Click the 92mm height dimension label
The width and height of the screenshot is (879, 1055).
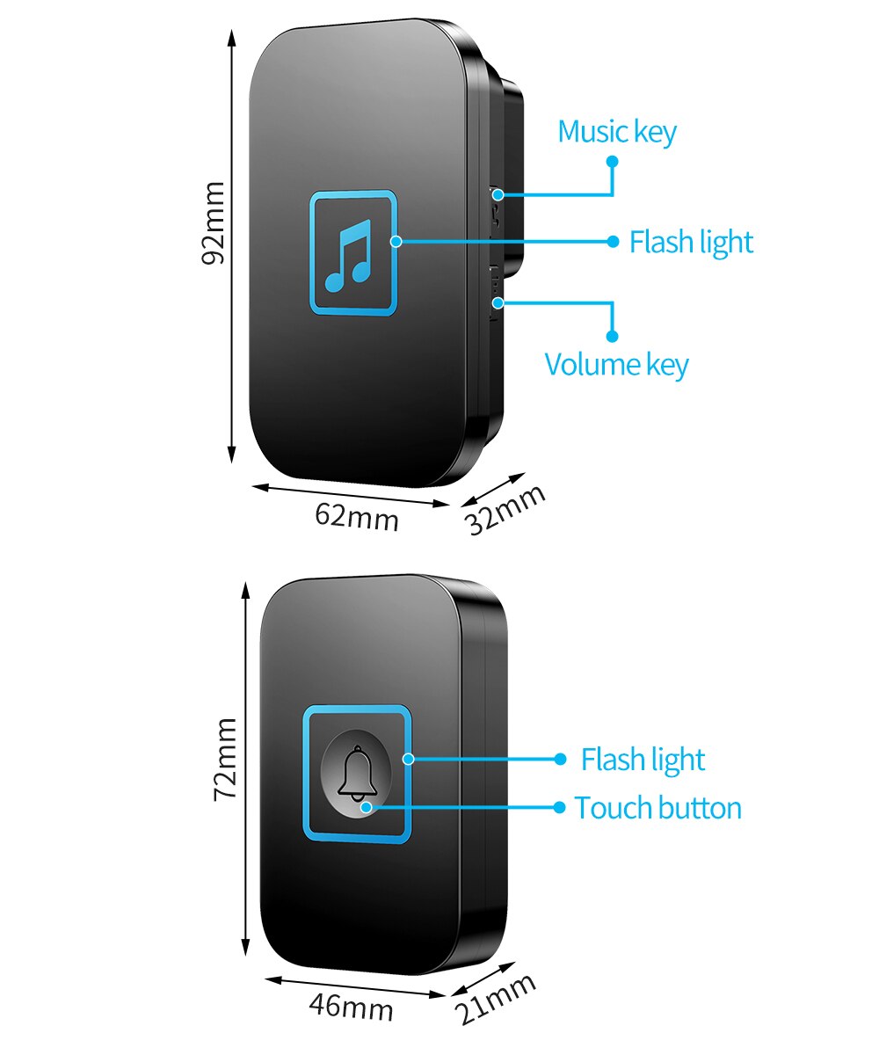click(x=214, y=222)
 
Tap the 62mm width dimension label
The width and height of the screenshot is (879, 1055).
click(x=357, y=516)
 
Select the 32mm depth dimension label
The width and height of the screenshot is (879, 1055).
click(x=505, y=509)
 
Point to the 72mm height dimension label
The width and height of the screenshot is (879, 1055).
click(x=226, y=758)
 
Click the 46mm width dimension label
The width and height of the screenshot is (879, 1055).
click(x=351, y=1006)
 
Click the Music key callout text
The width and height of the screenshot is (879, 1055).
click(x=617, y=132)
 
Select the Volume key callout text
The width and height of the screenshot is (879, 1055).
click(x=616, y=364)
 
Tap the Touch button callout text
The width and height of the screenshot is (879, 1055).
click(x=657, y=808)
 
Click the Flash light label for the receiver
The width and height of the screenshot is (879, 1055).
click(x=691, y=242)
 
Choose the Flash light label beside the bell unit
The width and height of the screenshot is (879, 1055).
click(x=643, y=760)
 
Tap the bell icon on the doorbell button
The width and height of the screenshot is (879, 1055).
click(x=357, y=775)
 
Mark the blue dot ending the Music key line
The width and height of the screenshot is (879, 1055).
click(x=613, y=162)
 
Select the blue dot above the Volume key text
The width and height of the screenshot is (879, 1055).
click(x=613, y=336)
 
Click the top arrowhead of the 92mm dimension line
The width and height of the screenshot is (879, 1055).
click(x=232, y=37)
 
